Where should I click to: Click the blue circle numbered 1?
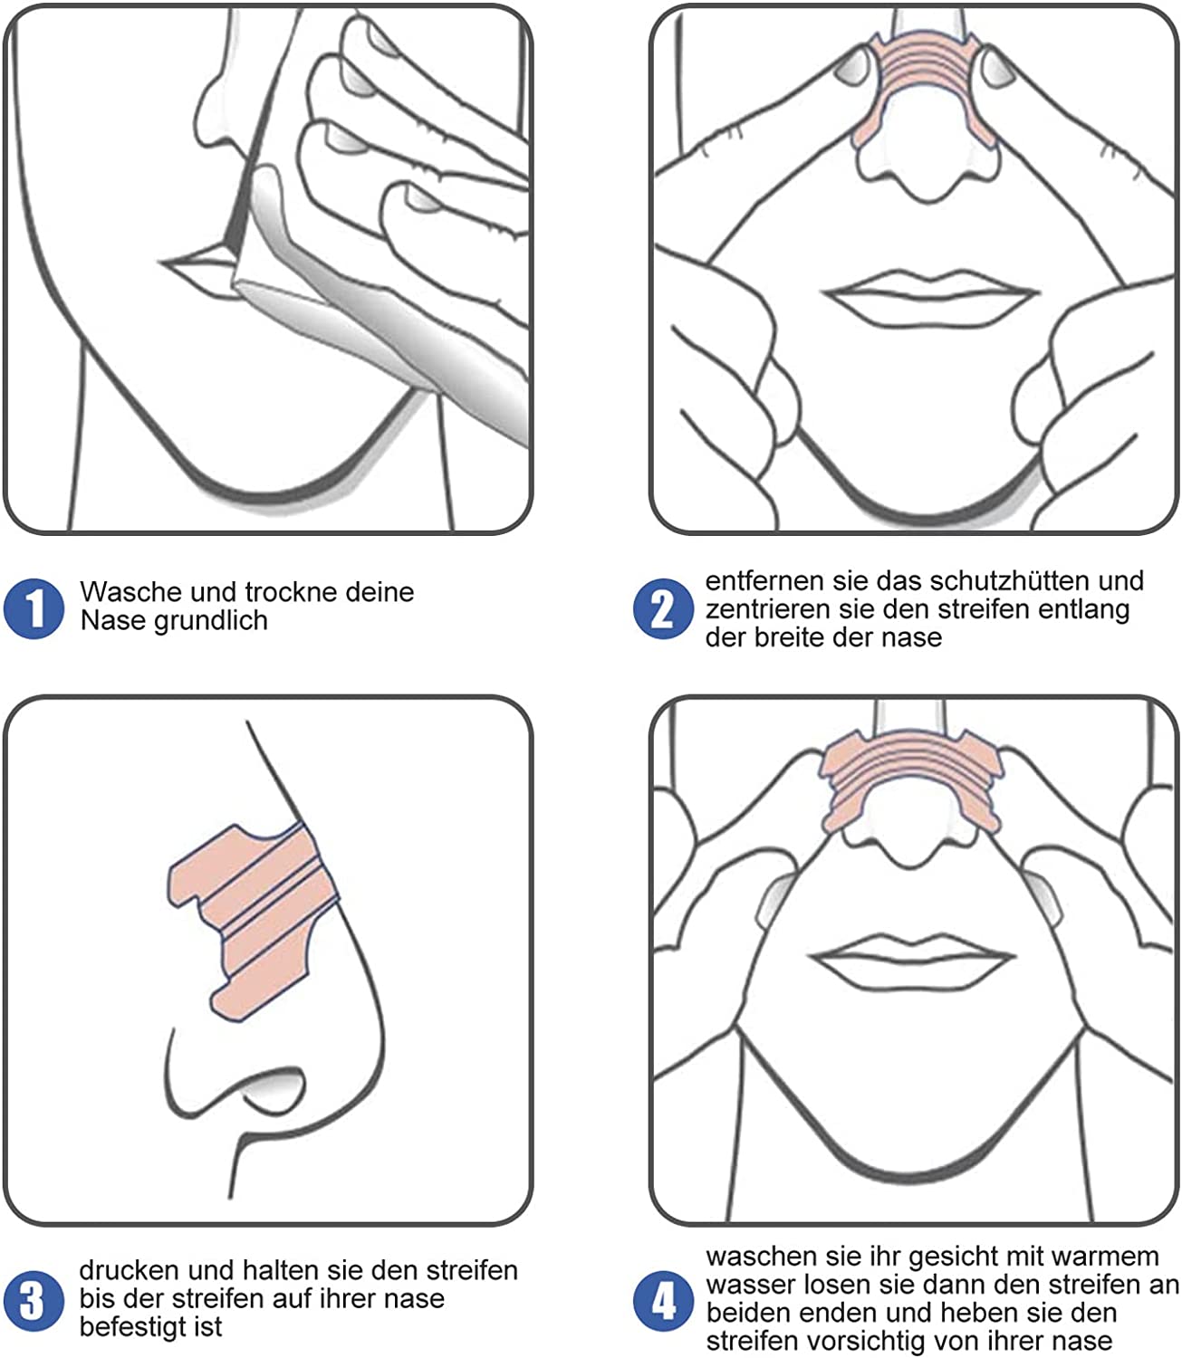[34, 607]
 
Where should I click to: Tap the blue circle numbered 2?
[663, 609]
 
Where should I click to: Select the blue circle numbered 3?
[34, 1300]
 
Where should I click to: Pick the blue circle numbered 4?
[663, 1301]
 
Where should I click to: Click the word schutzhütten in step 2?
[1004, 580]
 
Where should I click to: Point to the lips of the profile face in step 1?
[195, 268]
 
